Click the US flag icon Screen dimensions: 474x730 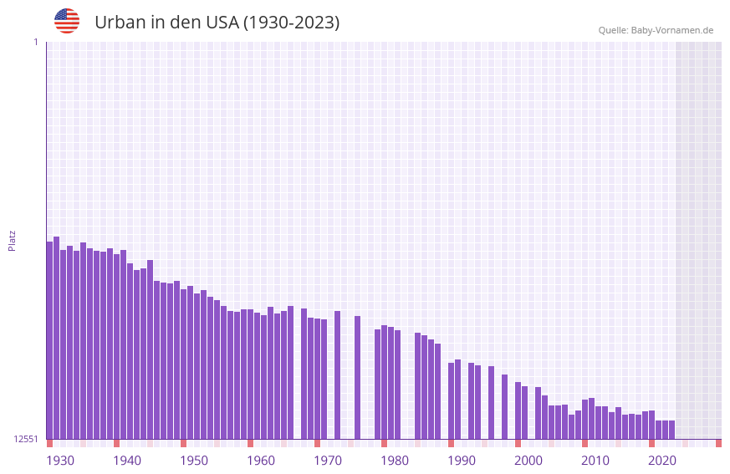[67, 21]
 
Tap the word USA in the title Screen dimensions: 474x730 [222, 23]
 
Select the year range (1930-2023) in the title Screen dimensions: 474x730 [291, 23]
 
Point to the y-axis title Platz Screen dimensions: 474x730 [12, 241]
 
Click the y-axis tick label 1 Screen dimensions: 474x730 [35, 42]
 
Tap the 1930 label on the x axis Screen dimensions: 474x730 [60, 461]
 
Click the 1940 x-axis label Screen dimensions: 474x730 [127, 461]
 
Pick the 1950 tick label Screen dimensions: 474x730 [194, 461]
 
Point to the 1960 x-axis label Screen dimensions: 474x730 [261, 461]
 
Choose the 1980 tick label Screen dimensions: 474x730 [395, 461]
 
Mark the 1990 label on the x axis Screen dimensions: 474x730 [462, 461]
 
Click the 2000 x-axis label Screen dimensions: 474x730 [528, 461]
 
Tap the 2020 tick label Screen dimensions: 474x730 [662, 461]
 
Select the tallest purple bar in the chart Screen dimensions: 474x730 [57, 334]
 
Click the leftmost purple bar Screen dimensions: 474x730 [49, 339]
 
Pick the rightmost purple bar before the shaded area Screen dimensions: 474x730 [671, 430]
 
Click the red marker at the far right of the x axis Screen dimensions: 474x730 [718, 443]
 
